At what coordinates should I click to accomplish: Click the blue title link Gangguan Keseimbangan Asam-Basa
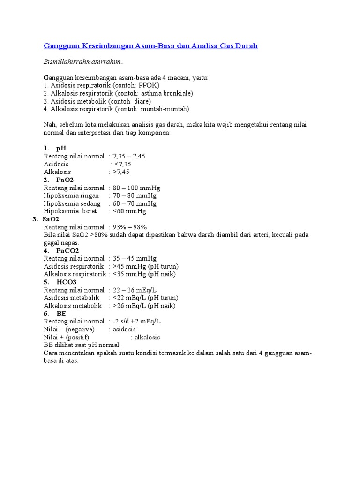pos(150,46)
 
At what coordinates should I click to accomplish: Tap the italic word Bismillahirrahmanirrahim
pos(83,62)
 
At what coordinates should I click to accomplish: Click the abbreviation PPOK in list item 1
pos(149,85)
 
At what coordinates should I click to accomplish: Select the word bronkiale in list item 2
pos(178,93)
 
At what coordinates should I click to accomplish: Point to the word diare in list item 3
pos(142,101)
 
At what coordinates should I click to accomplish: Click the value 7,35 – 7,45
pos(129,156)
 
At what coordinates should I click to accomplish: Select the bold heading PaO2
pos(65,180)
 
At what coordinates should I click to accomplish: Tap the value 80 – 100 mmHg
pos(136,187)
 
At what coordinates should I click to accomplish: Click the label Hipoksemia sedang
pos(72,203)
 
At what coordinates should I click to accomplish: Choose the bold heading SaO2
pos(51,219)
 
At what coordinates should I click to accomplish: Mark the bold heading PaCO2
pos(67,250)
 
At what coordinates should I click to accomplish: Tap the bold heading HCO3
pos(67,282)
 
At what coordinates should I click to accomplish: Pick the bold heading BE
pos(61,313)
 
